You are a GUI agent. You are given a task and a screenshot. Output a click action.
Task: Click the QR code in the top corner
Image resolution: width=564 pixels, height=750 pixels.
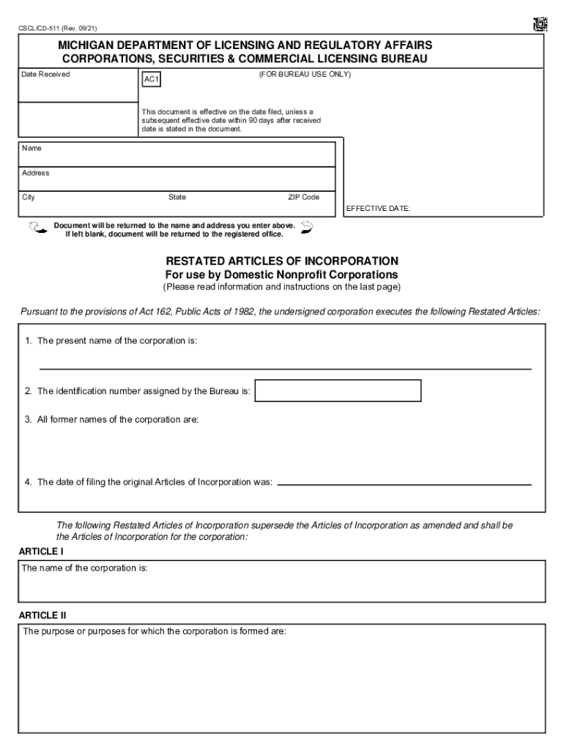pos(540,23)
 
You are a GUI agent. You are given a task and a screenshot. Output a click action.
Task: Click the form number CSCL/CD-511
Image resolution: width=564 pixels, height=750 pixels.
pos(57,29)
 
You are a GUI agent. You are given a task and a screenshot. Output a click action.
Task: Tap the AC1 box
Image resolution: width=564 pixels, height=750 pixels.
pos(151,78)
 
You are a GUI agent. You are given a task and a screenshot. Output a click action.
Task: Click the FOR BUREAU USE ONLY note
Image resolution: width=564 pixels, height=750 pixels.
pos(305,75)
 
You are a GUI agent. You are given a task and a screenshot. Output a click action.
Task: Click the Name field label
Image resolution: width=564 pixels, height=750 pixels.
pos(32,148)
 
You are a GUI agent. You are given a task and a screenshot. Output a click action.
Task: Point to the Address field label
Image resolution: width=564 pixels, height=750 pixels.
pos(36,173)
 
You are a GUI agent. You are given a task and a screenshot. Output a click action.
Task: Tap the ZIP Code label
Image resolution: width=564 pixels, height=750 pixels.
pos(303,197)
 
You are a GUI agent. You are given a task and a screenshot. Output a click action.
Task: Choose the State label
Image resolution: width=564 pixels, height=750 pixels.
pos(177,197)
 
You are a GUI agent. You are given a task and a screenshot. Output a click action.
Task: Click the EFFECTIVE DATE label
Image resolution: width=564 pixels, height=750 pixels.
pos(378,209)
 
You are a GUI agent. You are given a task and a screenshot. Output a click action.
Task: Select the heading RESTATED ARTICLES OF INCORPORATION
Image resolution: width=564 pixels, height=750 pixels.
pos(282,261)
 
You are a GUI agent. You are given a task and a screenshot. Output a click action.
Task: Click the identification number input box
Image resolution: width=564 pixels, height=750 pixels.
pos(338,391)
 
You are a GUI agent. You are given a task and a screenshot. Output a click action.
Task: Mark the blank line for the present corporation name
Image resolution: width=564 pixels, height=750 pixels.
pos(285,368)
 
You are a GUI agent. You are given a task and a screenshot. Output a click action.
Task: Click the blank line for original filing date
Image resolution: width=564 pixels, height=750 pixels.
pos(404,483)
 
